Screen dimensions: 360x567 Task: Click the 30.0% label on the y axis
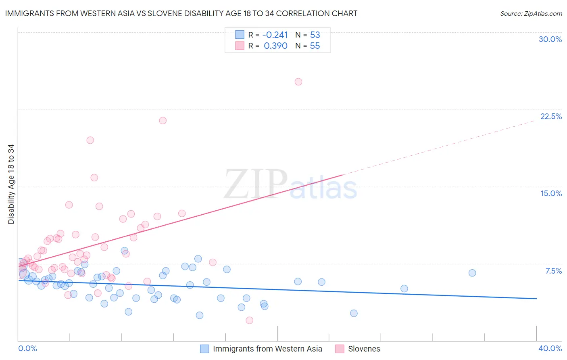coord(550,39)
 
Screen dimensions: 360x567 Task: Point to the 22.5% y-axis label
coord(551,116)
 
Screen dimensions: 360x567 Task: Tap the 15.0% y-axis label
coord(551,193)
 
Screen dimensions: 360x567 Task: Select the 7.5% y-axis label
coord(553,271)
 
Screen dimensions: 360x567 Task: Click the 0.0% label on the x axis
coord(27,348)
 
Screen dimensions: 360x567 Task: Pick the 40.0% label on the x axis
coord(550,348)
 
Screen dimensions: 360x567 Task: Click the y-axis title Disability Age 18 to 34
coord(11,184)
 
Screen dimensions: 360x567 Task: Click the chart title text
coord(181,13)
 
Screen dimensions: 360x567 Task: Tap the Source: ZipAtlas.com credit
coord(531,13)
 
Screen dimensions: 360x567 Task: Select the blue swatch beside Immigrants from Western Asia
coord(205,349)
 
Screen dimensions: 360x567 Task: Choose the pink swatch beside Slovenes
coord(340,349)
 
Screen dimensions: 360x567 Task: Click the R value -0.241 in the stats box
coord(275,35)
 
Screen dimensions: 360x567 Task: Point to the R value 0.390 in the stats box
coord(275,46)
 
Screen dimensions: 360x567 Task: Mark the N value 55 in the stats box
coord(315,46)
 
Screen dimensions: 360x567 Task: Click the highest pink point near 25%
coord(298,82)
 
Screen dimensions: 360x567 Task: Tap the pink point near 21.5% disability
coord(163,120)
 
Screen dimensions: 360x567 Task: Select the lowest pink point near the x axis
coord(249,320)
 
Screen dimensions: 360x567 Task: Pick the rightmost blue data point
coord(472,273)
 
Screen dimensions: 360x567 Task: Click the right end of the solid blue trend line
coord(536,298)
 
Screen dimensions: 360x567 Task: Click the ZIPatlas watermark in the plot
coord(290,184)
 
